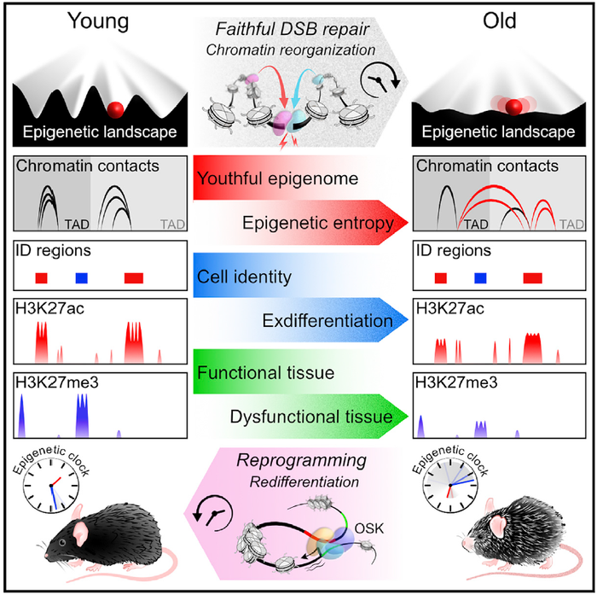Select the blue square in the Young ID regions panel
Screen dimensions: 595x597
pos(81,277)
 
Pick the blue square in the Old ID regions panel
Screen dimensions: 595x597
pos(480,277)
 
